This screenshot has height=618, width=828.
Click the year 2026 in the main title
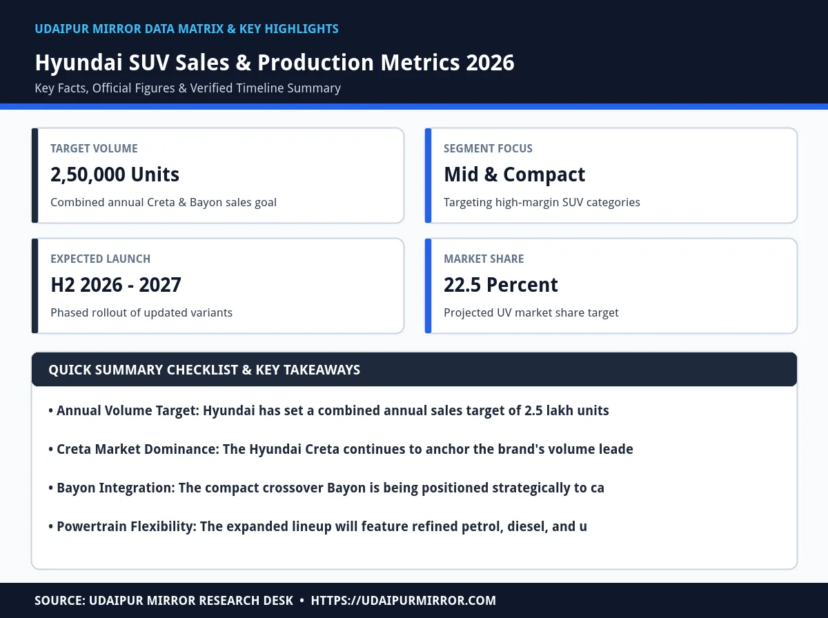point(490,62)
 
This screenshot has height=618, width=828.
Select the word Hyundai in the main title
point(79,63)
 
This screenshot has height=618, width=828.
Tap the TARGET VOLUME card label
point(94,148)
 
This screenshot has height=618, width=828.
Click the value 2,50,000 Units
point(115,175)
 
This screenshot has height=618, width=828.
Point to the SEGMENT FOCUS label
point(488,148)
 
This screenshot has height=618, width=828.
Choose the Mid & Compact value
point(514,175)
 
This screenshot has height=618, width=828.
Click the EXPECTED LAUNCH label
point(100,259)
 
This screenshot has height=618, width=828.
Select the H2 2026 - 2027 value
point(116,285)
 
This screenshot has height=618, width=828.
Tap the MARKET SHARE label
point(484,259)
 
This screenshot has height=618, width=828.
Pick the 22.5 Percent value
point(500,285)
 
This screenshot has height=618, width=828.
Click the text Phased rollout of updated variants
point(141,313)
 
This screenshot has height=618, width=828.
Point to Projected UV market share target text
point(531,313)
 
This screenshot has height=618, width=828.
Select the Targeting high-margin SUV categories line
point(542,203)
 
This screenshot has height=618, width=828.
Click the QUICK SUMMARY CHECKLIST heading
point(204,370)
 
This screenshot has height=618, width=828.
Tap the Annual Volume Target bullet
point(328,410)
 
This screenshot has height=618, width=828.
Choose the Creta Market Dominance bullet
point(341,450)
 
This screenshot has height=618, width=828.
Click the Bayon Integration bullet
point(326,488)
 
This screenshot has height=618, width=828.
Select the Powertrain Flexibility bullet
point(317,527)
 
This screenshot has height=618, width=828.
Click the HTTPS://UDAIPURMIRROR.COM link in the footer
point(403,601)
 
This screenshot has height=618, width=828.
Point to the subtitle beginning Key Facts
point(188,88)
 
